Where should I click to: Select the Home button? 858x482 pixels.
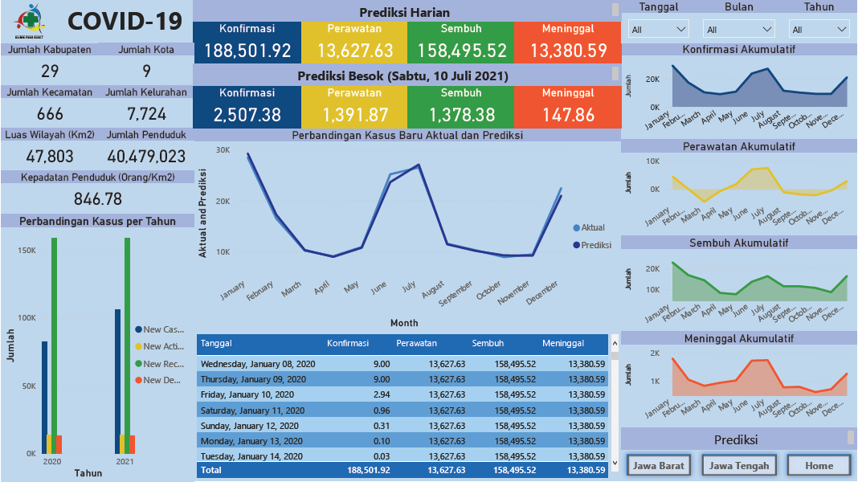[x=819, y=465]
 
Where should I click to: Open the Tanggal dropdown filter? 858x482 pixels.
[x=659, y=30]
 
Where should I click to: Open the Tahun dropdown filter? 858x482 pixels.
[x=819, y=30]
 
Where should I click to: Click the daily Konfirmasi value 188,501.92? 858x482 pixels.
[x=247, y=51]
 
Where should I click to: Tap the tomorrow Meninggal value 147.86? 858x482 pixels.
[x=568, y=115]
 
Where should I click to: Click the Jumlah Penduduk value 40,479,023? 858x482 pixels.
[x=146, y=157]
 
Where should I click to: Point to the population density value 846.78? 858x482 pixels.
[x=97, y=199]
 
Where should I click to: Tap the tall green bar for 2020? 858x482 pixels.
[x=54, y=345]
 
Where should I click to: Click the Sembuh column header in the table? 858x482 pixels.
[x=488, y=344]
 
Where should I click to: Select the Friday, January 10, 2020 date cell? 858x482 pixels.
[x=253, y=394]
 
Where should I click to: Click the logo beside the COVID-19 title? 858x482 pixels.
[x=31, y=21]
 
